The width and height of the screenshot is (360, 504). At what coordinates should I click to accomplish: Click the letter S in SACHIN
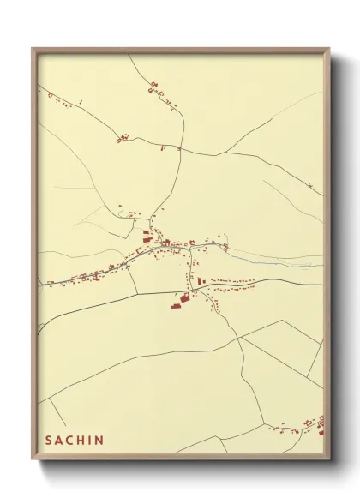click(x=50, y=441)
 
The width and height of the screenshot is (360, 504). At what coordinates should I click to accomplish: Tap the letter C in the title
click(x=72, y=441)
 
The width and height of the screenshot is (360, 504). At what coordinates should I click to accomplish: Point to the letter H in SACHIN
click(x=83, y=441)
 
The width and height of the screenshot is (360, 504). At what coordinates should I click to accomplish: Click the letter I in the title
click(x=92, y=441)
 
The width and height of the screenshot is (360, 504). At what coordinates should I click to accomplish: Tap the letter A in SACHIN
click(x=61, y=441)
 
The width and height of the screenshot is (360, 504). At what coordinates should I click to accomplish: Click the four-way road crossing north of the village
click(x=178, y=149)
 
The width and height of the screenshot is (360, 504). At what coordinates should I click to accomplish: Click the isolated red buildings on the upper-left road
click(x=123, y=137)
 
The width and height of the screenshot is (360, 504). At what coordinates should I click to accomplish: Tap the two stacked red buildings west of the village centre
click(x=146, y=234)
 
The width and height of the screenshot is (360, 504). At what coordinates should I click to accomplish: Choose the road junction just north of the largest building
click(x=192, y=291)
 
